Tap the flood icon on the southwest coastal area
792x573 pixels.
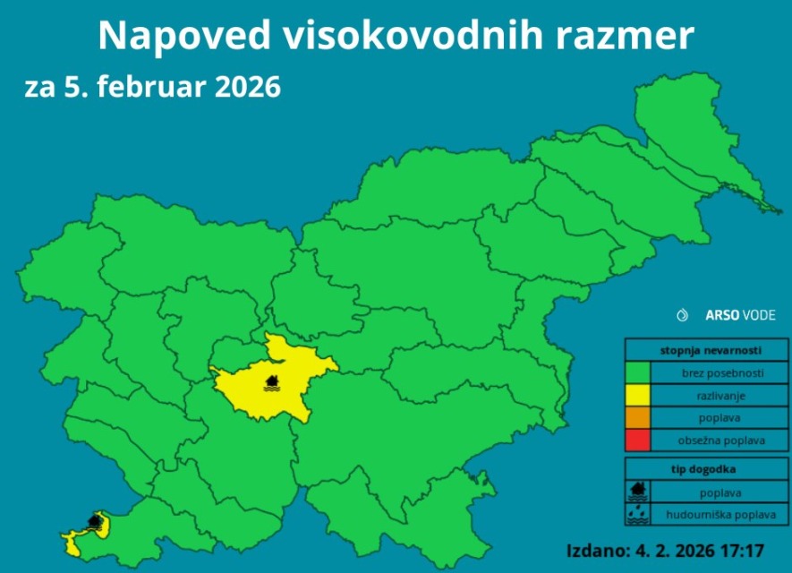94,520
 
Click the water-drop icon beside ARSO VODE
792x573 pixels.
684,315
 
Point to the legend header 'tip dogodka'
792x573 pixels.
700,469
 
